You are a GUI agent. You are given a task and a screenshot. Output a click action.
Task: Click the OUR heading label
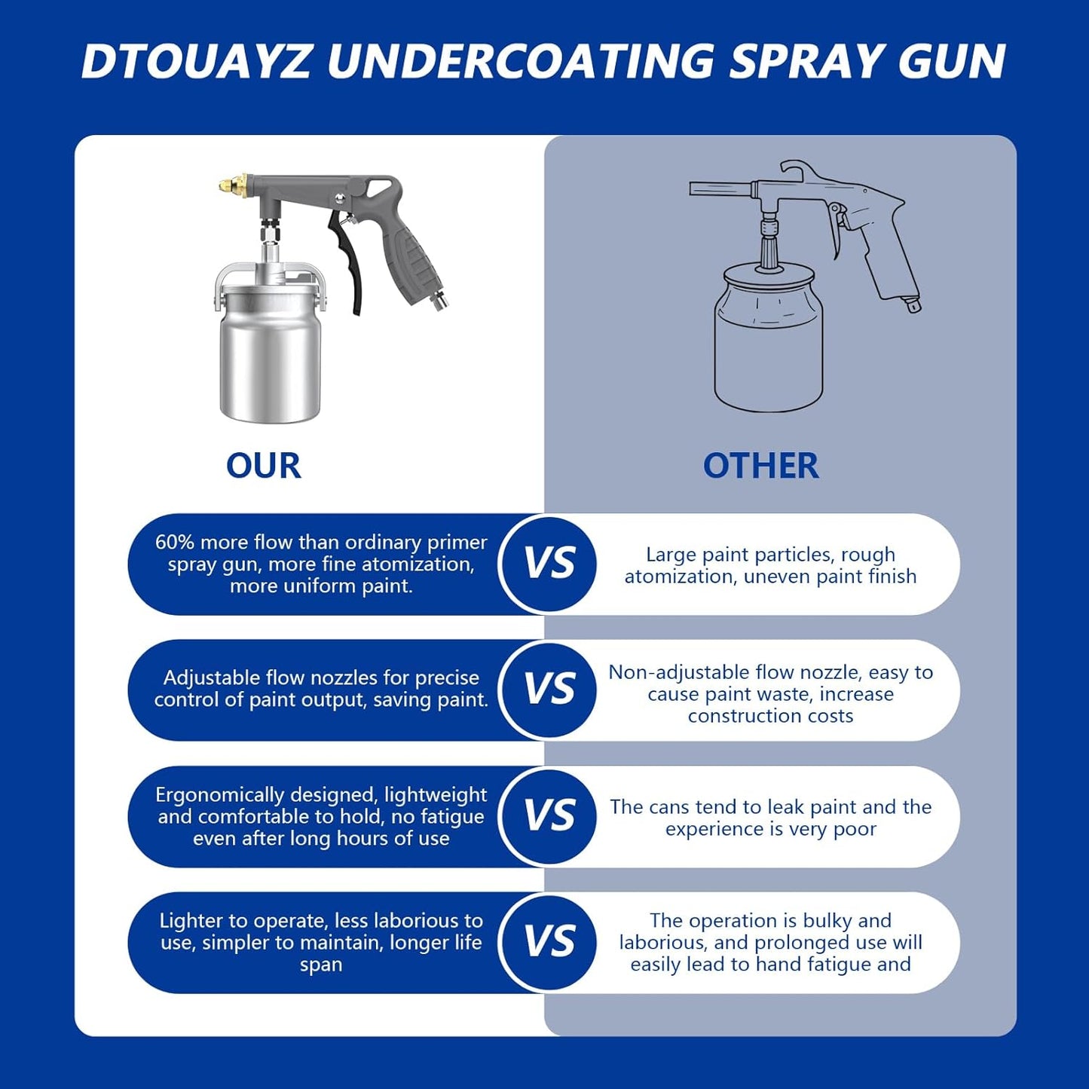coord(264,466)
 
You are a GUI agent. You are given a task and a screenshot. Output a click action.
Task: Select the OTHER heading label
coord(760,466)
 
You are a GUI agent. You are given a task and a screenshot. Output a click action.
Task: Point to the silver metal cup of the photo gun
coord(270,354)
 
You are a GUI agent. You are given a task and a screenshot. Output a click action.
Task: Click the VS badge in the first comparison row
coord(549,564)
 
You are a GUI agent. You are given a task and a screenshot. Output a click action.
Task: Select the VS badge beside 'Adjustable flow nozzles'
coord(549,690)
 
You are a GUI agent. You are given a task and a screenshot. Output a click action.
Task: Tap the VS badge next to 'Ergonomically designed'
coord(549,816)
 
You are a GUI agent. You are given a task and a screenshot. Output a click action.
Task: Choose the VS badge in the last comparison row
coord(549,942)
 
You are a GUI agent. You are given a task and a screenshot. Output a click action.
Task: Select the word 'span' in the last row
coord(321,965)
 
